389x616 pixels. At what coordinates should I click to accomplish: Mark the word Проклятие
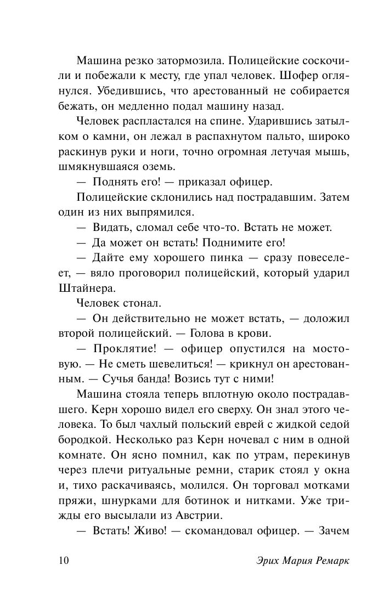coord(126,348)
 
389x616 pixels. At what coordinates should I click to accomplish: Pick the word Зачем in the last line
coord(336,532)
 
